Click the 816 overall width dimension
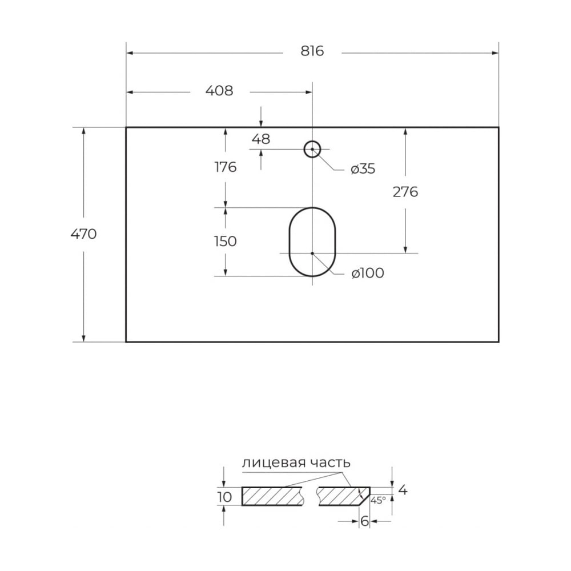(x=312, y=51)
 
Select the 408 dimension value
(x=219, y=91)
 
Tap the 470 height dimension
(x=84, y=234)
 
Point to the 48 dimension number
(x=261, y=139)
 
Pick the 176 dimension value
(x=226, y=167)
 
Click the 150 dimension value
(x=226, y=242)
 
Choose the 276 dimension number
(x=405, y=192)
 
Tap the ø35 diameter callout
(x=363, y=169)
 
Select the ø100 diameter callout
(x=368, y=273)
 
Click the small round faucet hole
(x=312, y=141)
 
